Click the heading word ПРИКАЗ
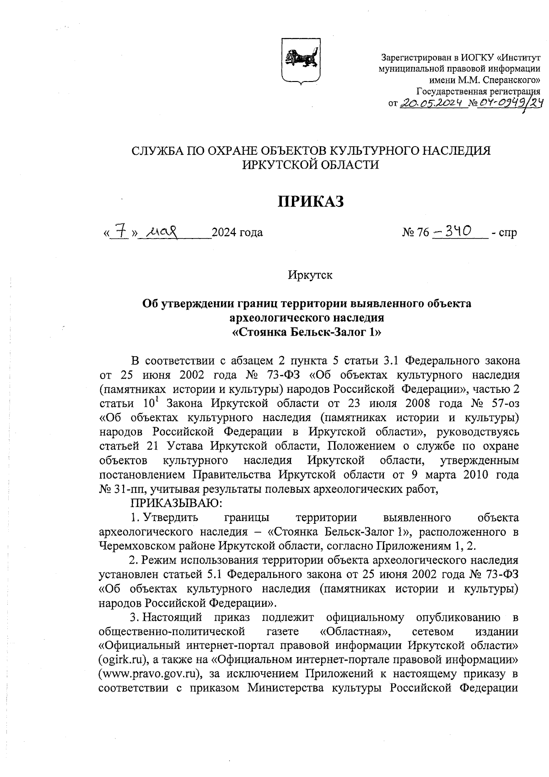pos(311,201)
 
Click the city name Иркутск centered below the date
pos(310,275)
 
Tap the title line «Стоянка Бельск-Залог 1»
pos(307,331)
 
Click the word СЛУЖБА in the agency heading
pos(154,151)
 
